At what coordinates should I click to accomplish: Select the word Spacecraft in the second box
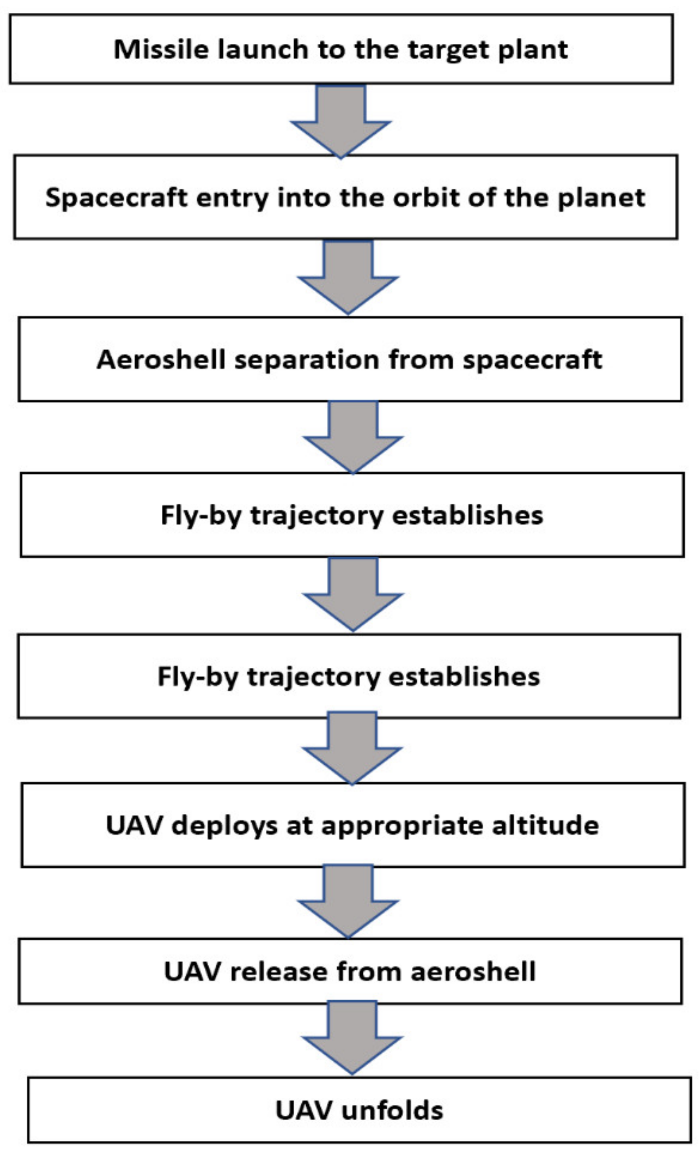click(116, 198)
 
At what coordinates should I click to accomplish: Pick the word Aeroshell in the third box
click(161, 360)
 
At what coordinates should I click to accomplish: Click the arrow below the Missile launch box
click(341, 119)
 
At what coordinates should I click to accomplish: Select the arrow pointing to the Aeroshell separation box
click(348, 276)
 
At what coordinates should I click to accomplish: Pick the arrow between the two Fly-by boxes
click(352, 592)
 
